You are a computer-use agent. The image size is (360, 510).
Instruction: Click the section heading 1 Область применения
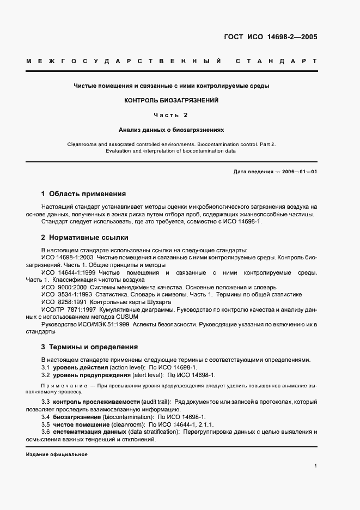click(x=83, y=193)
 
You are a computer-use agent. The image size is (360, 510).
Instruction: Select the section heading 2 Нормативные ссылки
click(x=85, y=238)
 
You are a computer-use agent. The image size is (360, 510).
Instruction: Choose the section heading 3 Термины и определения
click(x=89, y=347)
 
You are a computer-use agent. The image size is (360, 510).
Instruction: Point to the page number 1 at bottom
click(x=315, y=466)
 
